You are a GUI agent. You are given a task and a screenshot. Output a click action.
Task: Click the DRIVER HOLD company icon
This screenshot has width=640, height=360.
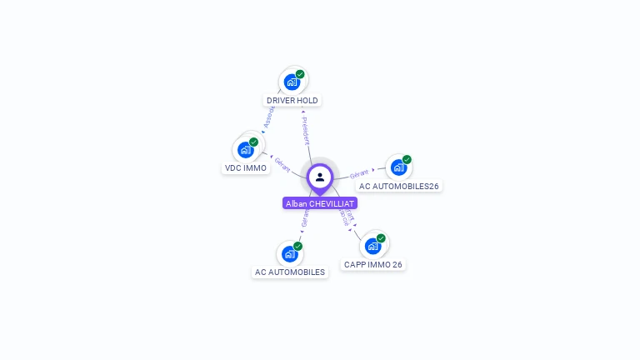(292, 82)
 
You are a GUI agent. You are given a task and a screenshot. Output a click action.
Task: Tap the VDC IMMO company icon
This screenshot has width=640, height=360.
(245, 150)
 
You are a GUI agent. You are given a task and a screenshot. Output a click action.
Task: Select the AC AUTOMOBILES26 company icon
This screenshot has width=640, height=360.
(398, 167)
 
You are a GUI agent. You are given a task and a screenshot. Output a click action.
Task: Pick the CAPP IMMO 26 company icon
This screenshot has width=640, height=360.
(372, 246)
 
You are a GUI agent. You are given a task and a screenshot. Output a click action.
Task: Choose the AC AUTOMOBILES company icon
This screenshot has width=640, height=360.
(289, 253)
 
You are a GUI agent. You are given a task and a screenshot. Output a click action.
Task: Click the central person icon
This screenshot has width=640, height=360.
(320, 177)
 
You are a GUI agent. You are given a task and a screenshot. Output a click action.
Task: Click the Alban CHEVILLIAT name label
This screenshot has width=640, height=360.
(320, 203)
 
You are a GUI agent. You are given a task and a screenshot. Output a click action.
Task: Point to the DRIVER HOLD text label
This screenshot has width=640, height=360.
(292, 101)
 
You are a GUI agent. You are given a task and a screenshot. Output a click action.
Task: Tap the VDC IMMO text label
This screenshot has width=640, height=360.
(246, 168)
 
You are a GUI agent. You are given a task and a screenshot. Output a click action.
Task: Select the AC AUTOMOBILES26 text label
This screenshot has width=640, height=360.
(399, 187)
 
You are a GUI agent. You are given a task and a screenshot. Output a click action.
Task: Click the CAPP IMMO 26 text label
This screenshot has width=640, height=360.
(373, 265)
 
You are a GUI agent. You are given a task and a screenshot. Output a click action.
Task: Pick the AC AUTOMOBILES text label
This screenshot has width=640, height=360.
(290, 272)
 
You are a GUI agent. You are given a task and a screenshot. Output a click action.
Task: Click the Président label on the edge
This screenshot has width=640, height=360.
(306, 131)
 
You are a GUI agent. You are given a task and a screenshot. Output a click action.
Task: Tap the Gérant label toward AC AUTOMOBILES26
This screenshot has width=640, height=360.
(359, 173)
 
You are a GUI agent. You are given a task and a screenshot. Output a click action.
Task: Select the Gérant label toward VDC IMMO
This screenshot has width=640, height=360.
(282, 165)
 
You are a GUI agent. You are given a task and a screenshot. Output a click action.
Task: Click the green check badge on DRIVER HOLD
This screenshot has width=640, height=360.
(300, 74)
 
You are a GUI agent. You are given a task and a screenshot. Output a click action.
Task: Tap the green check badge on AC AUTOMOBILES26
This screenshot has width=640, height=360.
(407, 159)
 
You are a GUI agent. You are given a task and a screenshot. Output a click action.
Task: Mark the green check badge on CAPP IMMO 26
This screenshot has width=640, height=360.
(381, 238)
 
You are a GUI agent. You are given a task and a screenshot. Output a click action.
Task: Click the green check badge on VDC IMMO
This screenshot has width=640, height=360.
(253, 142)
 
